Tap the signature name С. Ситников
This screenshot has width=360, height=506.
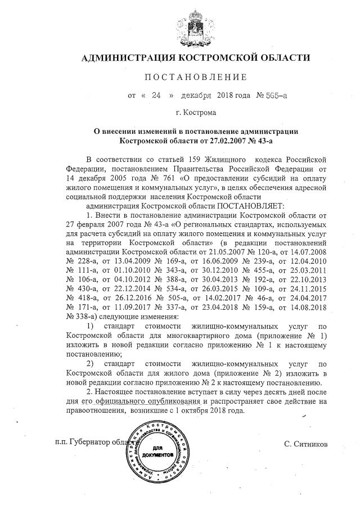307,444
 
